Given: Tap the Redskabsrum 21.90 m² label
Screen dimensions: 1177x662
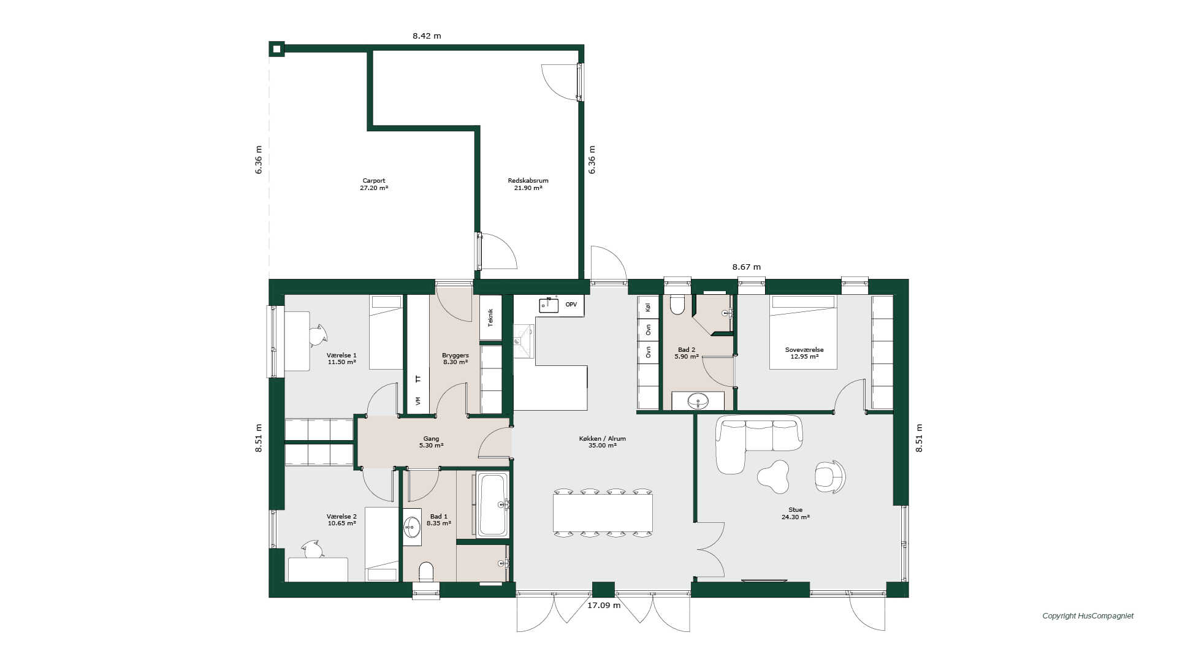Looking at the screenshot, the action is point(528,185).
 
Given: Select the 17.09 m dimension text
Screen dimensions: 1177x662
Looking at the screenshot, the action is point(604,606).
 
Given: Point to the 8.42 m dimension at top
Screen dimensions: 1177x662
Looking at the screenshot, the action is point(427,36).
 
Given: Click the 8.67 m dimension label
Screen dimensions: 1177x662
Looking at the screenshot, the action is point(747,267).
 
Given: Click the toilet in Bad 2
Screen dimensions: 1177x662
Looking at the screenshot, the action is point(677,304).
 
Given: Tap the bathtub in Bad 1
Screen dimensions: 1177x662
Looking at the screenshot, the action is point(492,504).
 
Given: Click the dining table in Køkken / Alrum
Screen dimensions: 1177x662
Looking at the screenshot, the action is point(603,513).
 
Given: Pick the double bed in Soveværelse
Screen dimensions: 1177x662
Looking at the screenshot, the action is point(803,332).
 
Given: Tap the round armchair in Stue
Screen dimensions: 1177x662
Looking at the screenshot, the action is point(829,476).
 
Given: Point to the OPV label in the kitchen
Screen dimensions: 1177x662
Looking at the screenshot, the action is point(571,305).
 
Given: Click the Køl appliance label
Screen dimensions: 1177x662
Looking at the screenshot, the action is point(649,307).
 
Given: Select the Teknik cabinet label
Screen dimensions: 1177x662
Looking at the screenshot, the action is point(490,317).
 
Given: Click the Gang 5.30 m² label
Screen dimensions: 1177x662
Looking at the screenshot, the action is point(431,442).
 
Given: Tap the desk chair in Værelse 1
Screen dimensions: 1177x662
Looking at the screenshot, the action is point(318,335).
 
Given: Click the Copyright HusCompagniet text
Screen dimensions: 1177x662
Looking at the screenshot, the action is point(1088,616).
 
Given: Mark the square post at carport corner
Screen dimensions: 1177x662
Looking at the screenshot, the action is point(276,49).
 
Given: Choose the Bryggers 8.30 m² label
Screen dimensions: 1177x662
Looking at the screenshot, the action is point(455,359).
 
